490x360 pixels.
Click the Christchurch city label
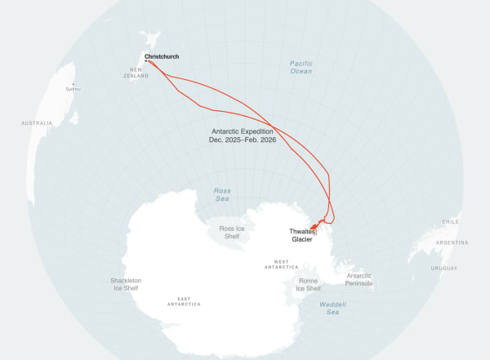pos(162,56)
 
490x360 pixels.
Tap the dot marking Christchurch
pos(146,61)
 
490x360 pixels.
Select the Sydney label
pos(73,89)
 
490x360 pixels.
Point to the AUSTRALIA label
pos(37,123)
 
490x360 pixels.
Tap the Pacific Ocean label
pos(301,67)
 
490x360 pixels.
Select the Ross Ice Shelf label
pos(232,232)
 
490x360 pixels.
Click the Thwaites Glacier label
pos(302,235)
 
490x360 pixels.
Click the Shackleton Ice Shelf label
pos(126,284)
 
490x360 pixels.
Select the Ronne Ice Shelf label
pos(308,284)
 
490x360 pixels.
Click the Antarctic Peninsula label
pos(359,279)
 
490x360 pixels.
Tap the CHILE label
pos(450,221)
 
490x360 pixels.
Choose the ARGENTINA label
pos(452,242)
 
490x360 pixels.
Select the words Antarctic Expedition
pos(243,131)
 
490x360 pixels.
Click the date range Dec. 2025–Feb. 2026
pos(243,140)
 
